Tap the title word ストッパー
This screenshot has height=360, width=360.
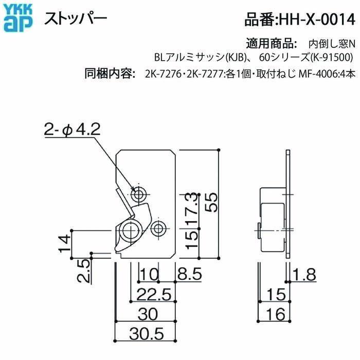click(x=75, y=19)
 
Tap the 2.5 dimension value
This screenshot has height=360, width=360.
click(x=85, y=269)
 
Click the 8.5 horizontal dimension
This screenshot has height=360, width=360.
click(x=189, y=275)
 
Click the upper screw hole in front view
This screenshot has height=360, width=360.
click(x=139, y=194)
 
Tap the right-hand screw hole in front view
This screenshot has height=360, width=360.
click(x=160, y=227)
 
